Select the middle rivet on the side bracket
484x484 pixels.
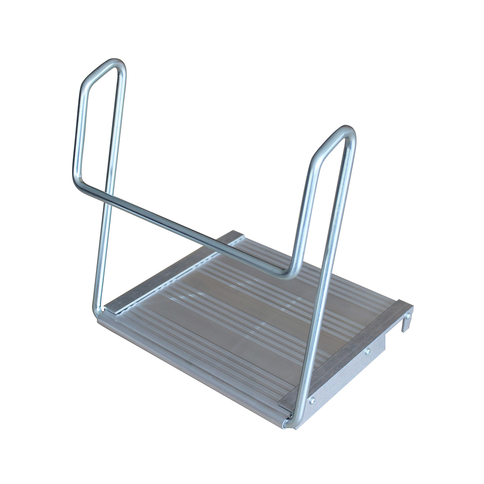point(367,351)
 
